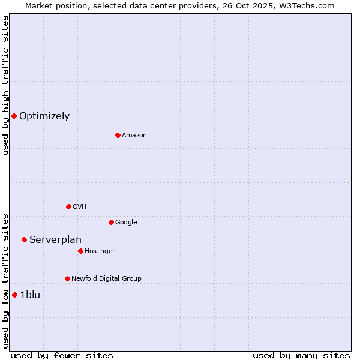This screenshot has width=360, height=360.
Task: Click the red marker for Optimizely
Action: point(14,116)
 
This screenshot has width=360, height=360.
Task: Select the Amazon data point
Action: point(118,135)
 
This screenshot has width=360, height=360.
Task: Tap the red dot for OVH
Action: point(68,206)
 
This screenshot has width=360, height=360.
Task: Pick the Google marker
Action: point(111,222)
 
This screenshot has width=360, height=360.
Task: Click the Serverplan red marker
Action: point(24,239)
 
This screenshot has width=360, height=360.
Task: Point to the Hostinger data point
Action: point(80,251)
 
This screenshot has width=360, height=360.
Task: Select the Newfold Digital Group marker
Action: point(67,278)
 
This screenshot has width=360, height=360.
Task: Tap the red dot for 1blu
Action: point(14,295)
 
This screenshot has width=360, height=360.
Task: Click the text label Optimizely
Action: point(44,116)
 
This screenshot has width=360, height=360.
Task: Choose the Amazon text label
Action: point(134,136)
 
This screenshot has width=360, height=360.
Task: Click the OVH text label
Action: point(80,207)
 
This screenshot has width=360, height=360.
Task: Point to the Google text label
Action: point(126,223)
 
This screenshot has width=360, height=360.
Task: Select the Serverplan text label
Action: point(55,240)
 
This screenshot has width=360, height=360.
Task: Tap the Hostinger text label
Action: point(100,251)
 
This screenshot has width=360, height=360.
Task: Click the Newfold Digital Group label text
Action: point(106,279)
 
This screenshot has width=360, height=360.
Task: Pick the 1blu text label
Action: point(30,295)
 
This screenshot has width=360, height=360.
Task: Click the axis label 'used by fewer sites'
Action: point(62,355)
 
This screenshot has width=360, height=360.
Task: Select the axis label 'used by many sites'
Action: point(301,355)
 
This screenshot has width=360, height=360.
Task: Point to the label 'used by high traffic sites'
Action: point(6,85)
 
